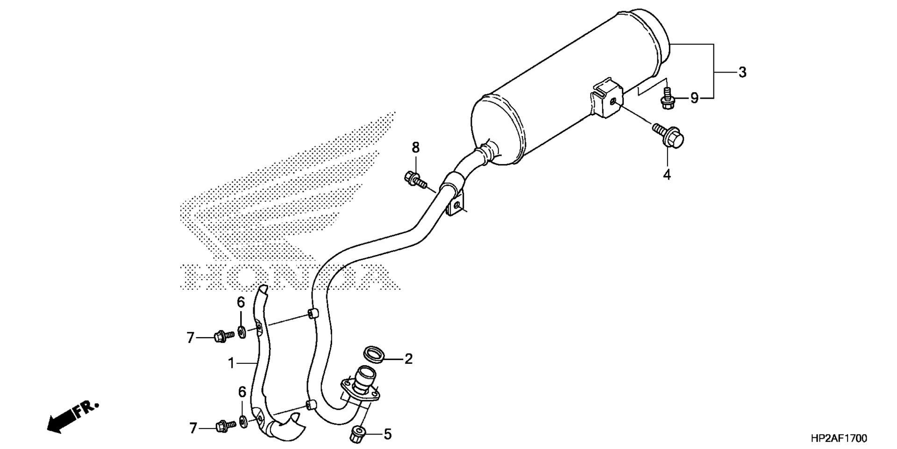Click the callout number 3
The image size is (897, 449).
[x=742, y=72]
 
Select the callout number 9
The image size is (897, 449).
[x=695, y=98]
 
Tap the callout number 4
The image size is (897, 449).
[x=667, y=174]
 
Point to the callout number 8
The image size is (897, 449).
[x=415, y=148]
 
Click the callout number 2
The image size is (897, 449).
[x=408, y=359]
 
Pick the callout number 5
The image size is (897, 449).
[x=387, y=435]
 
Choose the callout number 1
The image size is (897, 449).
[x=231, y=363]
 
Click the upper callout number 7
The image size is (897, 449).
[x=190, y=338]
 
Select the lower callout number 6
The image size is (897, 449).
[x=242, y=392]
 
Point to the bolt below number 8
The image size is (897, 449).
[x=415, y=180]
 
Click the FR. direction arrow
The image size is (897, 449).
[x=72, y=417]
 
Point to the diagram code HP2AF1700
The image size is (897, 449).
[x=839, y=438]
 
